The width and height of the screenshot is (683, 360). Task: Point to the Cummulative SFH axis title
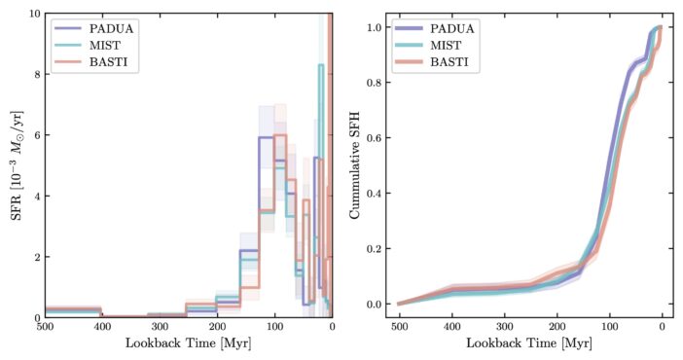355,165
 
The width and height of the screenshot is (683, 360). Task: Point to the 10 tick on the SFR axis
32,15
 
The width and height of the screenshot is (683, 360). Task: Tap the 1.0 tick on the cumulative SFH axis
374,27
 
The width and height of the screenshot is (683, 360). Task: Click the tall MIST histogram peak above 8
319,65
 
